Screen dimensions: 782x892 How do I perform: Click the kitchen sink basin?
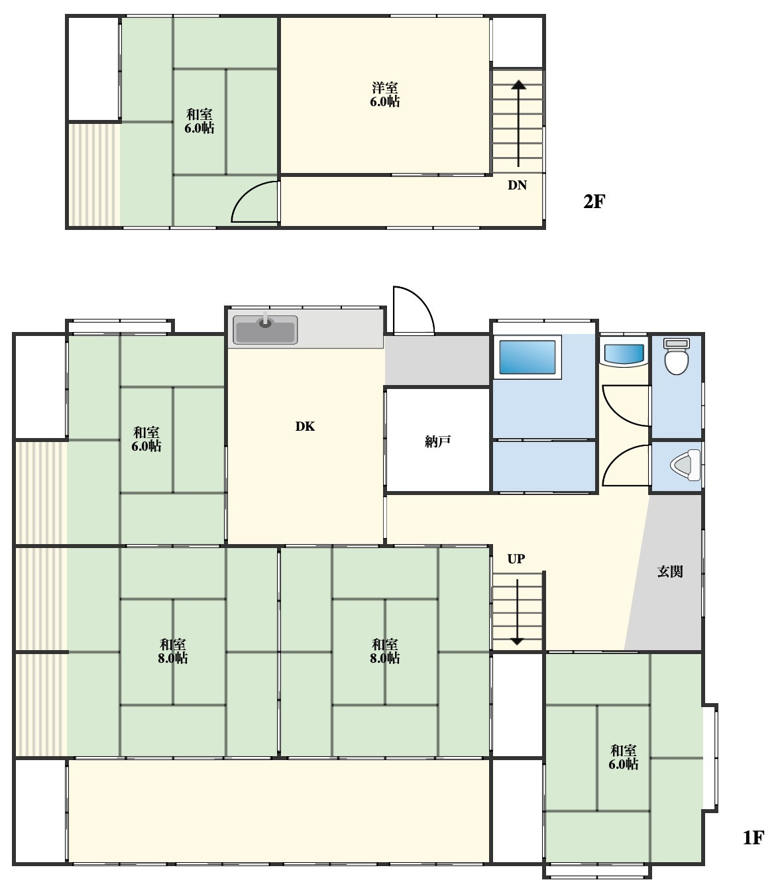(265, 329)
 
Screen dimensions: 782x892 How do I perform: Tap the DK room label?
(305, 426)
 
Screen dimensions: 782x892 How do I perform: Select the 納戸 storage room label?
(437, 441)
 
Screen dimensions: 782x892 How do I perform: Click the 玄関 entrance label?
(670, 571)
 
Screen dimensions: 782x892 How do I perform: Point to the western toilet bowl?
(677, 357)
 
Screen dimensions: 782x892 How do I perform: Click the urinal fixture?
(685, 465)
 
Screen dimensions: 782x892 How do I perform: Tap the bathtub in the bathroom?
(527, 357)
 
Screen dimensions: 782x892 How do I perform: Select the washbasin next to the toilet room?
(624, 353)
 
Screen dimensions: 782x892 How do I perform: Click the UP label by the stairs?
(516, 559)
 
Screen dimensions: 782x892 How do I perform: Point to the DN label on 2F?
(517, 185)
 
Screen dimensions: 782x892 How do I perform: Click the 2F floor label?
(594, 201)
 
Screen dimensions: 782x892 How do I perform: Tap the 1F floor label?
(754, 838)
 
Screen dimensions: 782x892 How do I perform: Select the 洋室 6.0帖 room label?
(384, 94)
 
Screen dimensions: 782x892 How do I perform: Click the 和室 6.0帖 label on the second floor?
(199, 121)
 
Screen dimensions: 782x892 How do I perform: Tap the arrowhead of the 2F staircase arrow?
(519, 85)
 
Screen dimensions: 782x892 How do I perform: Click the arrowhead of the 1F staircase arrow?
(517, 641)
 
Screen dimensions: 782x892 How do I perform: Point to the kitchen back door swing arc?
(423, 300)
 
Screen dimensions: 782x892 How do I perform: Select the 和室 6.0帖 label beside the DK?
(146, 439)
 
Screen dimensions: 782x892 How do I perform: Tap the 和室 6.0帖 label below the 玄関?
(623, 757)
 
